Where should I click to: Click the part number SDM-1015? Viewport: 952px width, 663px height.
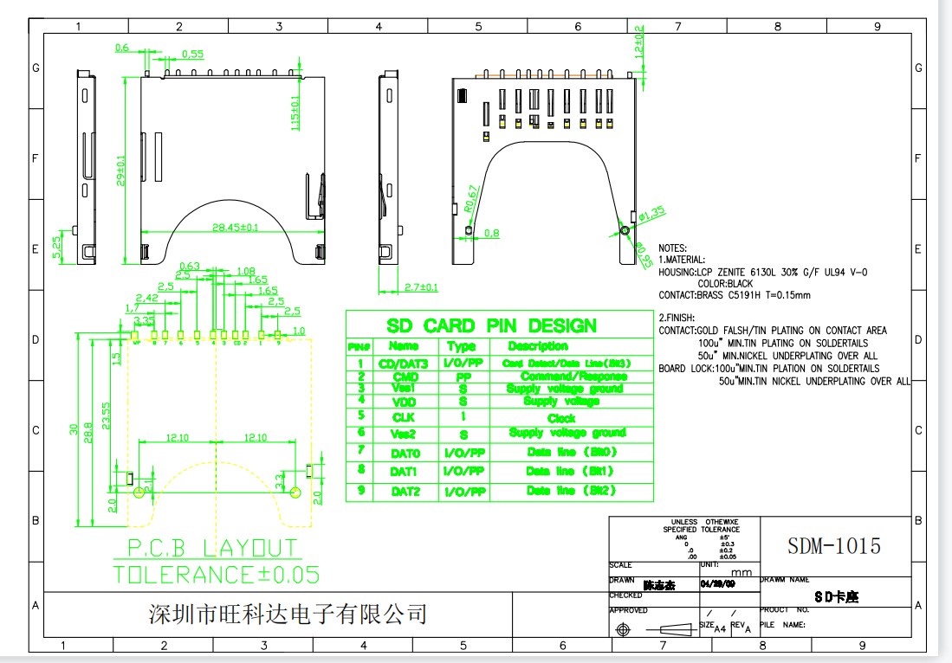[833, 546]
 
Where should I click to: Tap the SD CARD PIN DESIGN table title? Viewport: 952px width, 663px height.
[491, 326]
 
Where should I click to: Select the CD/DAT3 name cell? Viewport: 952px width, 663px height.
[404, 364]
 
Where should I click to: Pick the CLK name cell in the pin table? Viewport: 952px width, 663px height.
[404, 418]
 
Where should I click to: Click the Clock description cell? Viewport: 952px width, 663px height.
[561, 418]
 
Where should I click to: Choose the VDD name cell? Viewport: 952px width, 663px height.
[404, 402]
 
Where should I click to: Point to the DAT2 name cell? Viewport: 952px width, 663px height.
[405, 492]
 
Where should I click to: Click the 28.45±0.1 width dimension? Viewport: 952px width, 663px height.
[236, 228]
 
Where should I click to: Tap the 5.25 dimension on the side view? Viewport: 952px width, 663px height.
[58, 248]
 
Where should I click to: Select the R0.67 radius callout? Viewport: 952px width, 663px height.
[470, 199]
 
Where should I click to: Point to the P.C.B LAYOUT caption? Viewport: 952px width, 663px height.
[212, 548]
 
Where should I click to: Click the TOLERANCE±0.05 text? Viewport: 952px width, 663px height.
[216, 574]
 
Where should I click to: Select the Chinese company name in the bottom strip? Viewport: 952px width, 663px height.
[288, 615]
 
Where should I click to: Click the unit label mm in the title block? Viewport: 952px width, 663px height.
[742, 572]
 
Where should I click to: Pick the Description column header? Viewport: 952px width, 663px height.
[537, 346]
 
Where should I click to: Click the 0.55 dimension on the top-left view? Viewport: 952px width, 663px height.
[192, 54]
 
